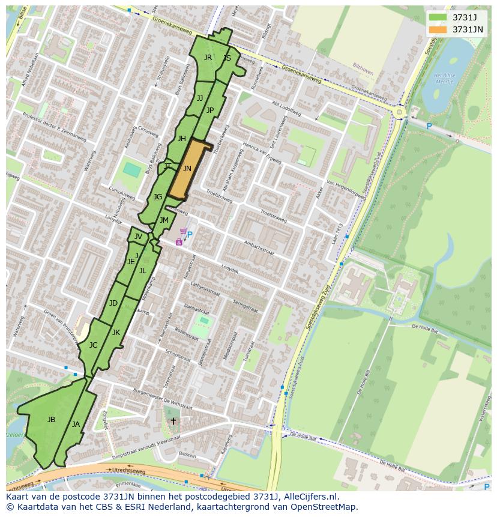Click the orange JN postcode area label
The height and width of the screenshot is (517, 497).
point(187,169)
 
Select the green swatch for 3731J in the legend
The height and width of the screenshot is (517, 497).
point(438,17)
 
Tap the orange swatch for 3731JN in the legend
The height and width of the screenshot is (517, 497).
point(438,29)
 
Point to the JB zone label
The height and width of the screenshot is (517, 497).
point(51,420)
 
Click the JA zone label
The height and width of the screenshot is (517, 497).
point(76,425)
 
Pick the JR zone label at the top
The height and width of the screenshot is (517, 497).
point(208,58)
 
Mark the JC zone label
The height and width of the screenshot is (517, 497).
point(93,345)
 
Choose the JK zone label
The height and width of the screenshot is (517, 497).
point(116,333)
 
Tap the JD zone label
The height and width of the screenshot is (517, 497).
point(113,303)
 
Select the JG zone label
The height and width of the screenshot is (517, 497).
point(158,197)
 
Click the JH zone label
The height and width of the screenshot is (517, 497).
point(181,139)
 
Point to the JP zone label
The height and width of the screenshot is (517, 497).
point(210,110)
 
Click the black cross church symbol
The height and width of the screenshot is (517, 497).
point(173,421)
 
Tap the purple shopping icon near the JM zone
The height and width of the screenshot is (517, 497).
point(179,241)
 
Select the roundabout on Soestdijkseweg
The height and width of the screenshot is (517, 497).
point(399,112)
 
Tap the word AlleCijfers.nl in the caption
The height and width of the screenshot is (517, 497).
point(309,497)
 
